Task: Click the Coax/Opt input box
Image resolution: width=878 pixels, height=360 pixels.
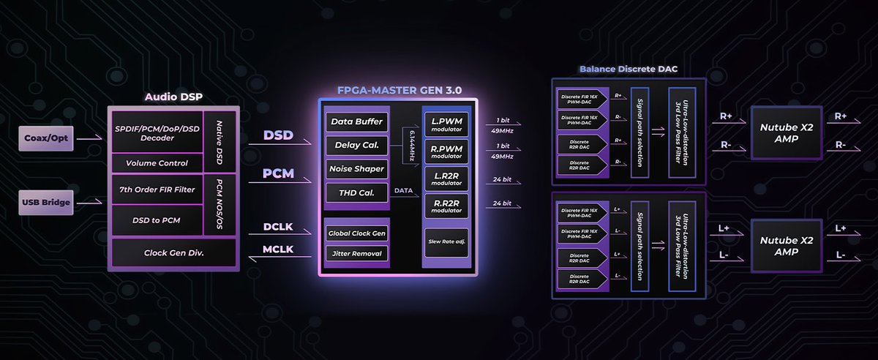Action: click(47, 137)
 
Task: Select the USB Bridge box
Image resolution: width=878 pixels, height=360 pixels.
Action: click(47, 202)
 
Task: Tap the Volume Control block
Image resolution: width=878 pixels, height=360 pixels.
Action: click(157, 163)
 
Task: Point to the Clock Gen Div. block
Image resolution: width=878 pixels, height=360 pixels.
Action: click(173, 252)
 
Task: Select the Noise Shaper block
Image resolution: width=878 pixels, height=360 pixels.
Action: click(356, 169)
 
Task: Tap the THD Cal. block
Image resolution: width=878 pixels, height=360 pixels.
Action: click(356, 193)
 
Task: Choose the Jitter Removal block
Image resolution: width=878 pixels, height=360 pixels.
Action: click(356, 253)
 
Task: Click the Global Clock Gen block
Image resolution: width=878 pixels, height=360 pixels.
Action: click(356, 233)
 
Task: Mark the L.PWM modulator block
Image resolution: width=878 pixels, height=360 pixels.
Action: click(446, 123)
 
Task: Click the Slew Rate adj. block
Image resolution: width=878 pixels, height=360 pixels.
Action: click(446, 241)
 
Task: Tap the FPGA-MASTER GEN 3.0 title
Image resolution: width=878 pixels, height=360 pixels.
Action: click(399, 91)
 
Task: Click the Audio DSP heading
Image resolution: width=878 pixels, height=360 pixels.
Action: click(173, 97)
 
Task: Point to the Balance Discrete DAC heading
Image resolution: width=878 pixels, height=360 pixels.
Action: click(629, 70)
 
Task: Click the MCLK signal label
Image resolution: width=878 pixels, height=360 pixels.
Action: click(278, 250)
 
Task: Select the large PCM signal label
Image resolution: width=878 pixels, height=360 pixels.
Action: click(278, 175)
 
